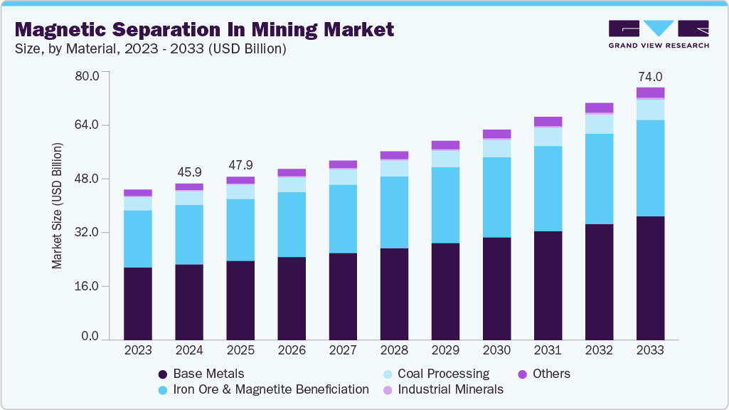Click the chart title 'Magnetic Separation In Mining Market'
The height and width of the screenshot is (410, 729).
(x=203, y=30)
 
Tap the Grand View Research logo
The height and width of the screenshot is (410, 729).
(x=658, y=33)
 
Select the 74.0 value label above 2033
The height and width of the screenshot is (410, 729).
(x=649, y=77)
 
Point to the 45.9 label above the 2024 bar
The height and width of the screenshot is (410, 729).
(x=189, y=172)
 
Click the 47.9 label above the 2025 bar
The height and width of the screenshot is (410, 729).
(x=240, y=165)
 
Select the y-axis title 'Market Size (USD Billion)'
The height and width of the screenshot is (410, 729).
(x=57, y=206)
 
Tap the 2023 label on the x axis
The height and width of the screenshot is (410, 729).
(x=138, y=350)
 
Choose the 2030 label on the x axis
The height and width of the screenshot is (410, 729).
(x=496, y=350)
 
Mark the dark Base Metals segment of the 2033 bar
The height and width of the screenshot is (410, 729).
(x=650, y=278)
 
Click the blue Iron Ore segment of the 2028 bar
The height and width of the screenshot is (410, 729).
(x=394, y=212)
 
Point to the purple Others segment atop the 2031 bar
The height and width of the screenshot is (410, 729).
(x=548, y=122)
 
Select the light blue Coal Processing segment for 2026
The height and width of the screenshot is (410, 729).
(x=292, y=184)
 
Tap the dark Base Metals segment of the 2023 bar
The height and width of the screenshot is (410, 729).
(x=138, y=303)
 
